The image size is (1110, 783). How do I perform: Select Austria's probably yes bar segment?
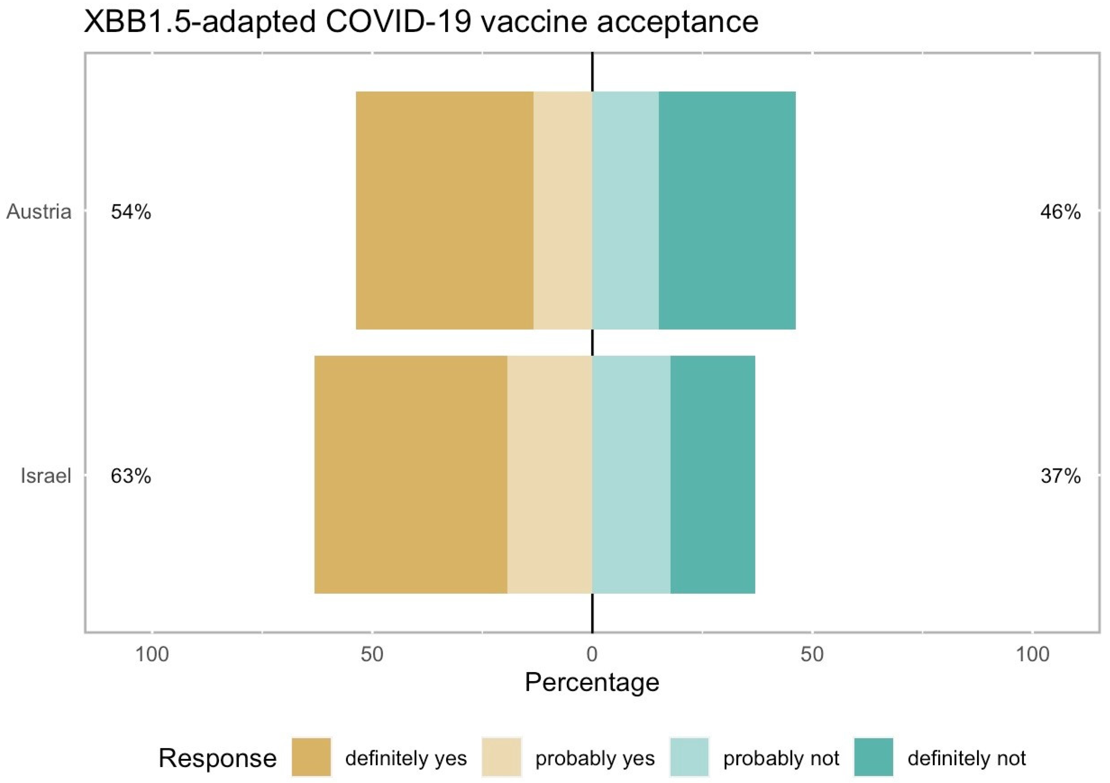pos(563,210)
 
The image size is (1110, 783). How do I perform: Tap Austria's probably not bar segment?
pos(625,210)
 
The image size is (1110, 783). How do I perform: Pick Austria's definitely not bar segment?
pos(727,210)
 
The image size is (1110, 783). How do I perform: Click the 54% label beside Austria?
pos(131,212)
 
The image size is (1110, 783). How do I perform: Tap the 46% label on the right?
pos(1060,212)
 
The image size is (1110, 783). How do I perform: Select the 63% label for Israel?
pos(131,476)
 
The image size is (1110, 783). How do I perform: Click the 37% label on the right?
pos(1060,476)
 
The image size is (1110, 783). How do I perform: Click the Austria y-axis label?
pos(39,212)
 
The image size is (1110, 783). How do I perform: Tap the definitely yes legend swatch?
pos(311,757)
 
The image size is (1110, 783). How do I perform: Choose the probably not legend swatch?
pos(689,757)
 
